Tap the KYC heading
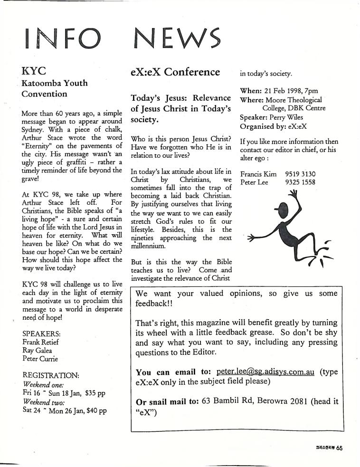34,71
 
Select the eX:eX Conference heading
175,72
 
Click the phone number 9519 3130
300,174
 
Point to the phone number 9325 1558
300,182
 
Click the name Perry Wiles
289,117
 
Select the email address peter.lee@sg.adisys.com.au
265,372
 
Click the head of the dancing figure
284,208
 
